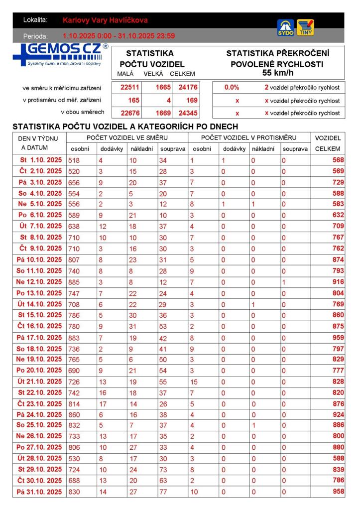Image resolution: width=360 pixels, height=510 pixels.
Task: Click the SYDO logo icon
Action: coord(286,28)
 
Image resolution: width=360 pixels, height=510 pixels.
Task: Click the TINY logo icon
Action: coord(305,28)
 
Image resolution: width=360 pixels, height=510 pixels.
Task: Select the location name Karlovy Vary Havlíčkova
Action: coord(105,20)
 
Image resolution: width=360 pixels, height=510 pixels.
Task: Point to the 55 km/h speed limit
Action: coord(277,73)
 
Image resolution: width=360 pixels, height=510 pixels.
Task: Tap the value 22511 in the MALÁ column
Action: coord(130,87)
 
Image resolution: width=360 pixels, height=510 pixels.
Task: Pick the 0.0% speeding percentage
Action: coord(232,87)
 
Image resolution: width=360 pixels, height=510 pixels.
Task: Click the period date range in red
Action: coord(119,36)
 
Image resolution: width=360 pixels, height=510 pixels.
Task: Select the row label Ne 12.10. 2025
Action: coord(39,282)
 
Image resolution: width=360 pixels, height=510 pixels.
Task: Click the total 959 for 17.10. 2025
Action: coord(338,337)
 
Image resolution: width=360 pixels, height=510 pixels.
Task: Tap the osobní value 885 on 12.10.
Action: coord(74,282)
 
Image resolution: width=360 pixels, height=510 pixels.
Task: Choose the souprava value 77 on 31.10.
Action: coord(164,492)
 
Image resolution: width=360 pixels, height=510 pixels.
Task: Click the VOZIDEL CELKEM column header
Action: coord(328,143)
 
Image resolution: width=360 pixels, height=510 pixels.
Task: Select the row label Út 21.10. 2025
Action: coord(39,382)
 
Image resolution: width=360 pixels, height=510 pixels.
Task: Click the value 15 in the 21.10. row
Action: coord(194,382)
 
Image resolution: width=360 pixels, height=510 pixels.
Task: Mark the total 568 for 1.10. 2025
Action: coord(338,160)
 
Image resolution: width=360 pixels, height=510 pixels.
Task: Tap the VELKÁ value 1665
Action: coord(163,87)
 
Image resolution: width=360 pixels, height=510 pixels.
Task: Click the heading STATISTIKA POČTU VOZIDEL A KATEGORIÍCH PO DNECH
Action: coord(125,127)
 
